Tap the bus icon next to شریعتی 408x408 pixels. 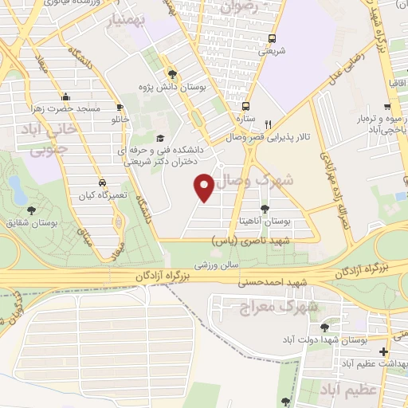(x=272, y=38)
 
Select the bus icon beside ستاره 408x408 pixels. (x=245, y=106)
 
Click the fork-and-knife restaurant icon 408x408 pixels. (x=269, y=124)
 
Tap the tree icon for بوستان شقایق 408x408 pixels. (x=30, y=210)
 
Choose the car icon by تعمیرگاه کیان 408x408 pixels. (x=101, y=182)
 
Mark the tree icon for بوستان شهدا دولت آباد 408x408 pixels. (x=324, y=327)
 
